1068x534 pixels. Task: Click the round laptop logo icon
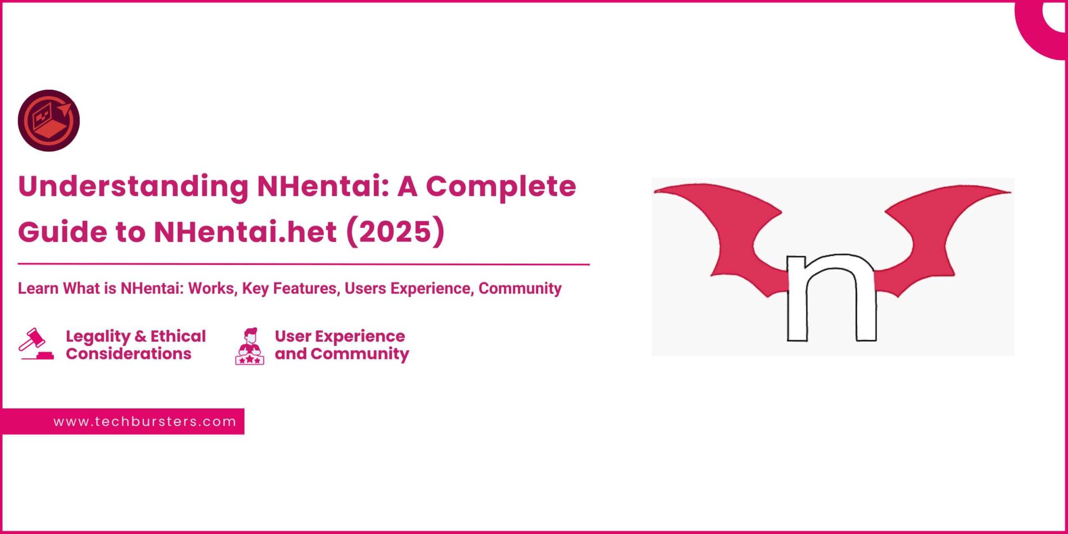click(x=48, y=120)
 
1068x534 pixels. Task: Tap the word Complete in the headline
click(x=501, y=186)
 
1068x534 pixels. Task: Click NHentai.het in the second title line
click(x=245, y=232)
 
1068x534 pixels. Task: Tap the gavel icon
click(x=36, y=344)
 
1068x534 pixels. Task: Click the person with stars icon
click(x=250, y=346)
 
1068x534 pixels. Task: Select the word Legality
click(x=98, y=336)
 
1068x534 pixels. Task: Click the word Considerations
click(x=128, y=354)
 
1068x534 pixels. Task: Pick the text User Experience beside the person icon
click(x=339, y=336)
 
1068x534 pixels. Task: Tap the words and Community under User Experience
click(x=342, y=354)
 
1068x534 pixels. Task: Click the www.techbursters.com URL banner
click(x=145, y=421)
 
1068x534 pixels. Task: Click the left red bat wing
click(x=730, y=229)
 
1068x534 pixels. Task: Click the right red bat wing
click(x=933, y=229)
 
